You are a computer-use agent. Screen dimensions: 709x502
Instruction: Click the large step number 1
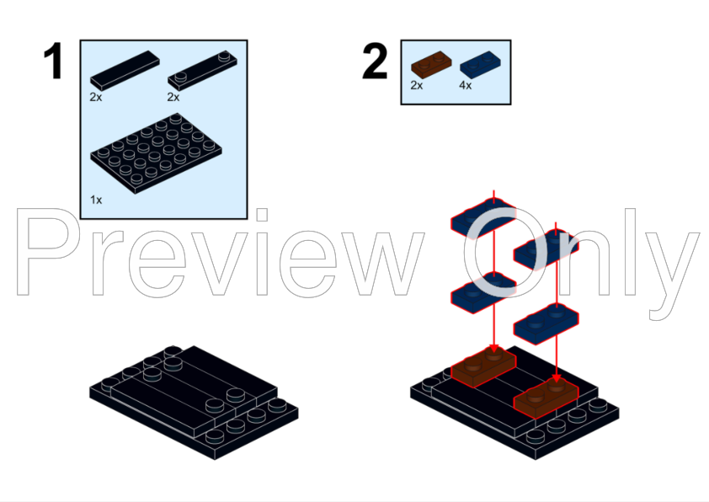click(x=53, y=61)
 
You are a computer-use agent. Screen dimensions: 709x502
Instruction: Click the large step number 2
click(x=375, y=61)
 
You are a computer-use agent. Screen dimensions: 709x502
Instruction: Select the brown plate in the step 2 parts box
click(x=431, y=64)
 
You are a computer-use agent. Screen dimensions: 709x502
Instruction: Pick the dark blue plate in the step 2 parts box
click(x=480, y=64)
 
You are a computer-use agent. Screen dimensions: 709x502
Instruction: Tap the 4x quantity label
click(x=466, y=85)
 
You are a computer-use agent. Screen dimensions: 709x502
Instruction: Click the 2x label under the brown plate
click(x=417, y=85)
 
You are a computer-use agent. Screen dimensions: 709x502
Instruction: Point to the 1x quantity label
click(x=96, y=200)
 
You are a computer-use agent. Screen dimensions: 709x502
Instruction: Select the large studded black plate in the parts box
click(x=156, y=153)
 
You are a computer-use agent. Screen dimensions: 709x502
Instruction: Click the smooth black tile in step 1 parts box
click(x=125, y=70)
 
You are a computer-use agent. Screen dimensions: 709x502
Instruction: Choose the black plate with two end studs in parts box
click(x=203, y=70)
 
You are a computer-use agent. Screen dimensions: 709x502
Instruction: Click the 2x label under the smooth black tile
click(x=96, y=97)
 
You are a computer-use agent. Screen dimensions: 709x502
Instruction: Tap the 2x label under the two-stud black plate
click(x=173, y=97)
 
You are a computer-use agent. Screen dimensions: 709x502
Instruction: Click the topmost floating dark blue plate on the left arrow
click(x=483, y=218)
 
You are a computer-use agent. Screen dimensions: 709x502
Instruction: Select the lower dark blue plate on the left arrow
click(x=483, y=293)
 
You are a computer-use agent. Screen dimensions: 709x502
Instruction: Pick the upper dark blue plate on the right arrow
click(x=546, y=249)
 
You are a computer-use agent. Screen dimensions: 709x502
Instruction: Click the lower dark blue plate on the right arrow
click(x=546, y=324)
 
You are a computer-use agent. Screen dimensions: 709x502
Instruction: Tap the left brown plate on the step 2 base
click(x=483, y=369)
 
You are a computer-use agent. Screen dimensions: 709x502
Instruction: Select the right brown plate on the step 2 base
click(x=546, y=399)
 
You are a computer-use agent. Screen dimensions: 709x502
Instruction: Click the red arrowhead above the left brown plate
click(x=493, y=349)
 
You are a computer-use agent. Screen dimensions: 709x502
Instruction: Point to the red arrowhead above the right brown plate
click(x=556, y=378)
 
